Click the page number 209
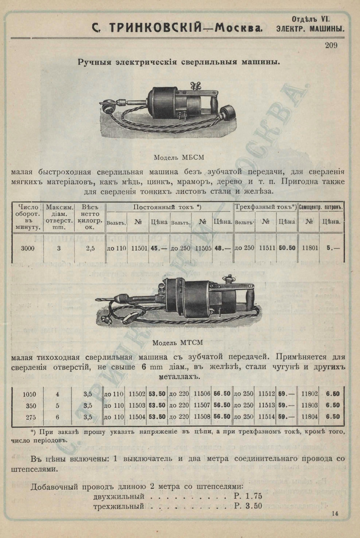coord(331,45)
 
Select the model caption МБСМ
coord(175,157)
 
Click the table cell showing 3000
coord(28,248)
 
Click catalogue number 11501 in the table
coord(138,248)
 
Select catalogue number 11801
coord(310,248)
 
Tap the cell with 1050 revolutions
coord(29,394)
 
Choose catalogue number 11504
coord(138,417)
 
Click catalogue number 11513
coord(266,405)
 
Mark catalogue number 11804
coord(310,417)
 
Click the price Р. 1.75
coord(248,496)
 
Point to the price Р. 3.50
coord(248,506)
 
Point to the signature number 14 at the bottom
coord(335,513)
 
